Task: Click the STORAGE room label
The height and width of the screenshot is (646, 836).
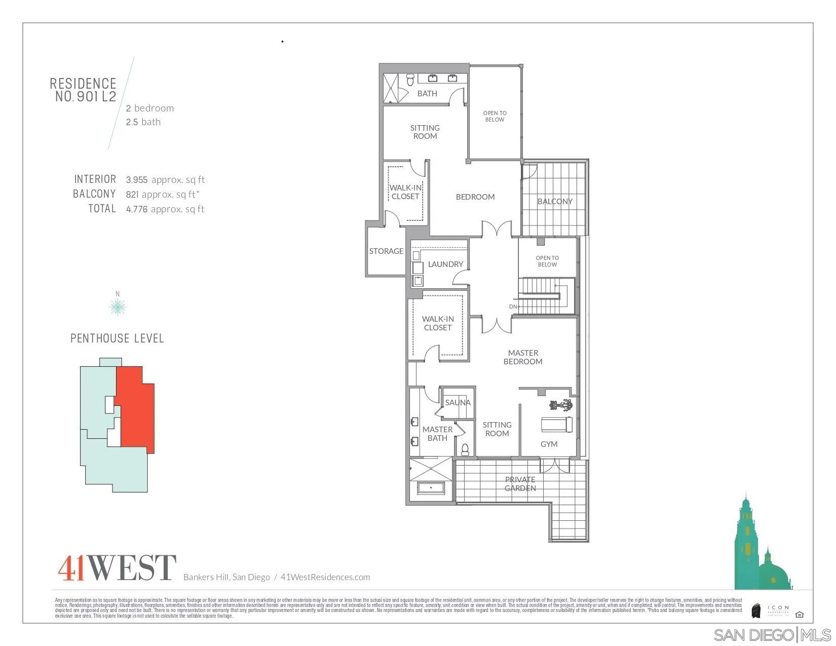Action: [386, 251]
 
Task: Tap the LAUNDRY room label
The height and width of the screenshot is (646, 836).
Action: [445, 264]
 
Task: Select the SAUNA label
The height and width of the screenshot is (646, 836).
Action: [458, 402]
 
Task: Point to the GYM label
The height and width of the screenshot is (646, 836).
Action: [549, 444]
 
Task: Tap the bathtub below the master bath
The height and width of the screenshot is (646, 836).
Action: [431, 488]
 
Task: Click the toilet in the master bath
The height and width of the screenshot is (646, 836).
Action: [465, 449]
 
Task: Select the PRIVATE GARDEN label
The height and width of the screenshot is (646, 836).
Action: [520, 484]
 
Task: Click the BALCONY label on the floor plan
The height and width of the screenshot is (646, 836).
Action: [555, 201]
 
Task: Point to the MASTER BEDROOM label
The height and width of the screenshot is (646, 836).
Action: [523, 357]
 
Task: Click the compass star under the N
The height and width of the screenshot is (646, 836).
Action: [118, 307]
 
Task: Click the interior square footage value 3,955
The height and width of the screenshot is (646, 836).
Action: [137, 180]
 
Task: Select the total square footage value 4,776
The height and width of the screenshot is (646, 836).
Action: [137, 209]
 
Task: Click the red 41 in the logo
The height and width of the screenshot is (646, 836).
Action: [71, 568]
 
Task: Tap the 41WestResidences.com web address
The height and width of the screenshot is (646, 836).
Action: [325, 577]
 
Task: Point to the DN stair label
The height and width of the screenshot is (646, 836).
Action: [513, 307]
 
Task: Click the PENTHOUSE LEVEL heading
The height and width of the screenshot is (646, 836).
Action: [117, 338]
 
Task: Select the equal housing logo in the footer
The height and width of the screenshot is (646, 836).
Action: [800, 615]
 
